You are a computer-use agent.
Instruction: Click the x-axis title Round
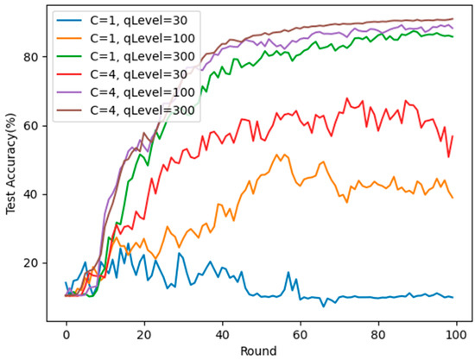[259, 351]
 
